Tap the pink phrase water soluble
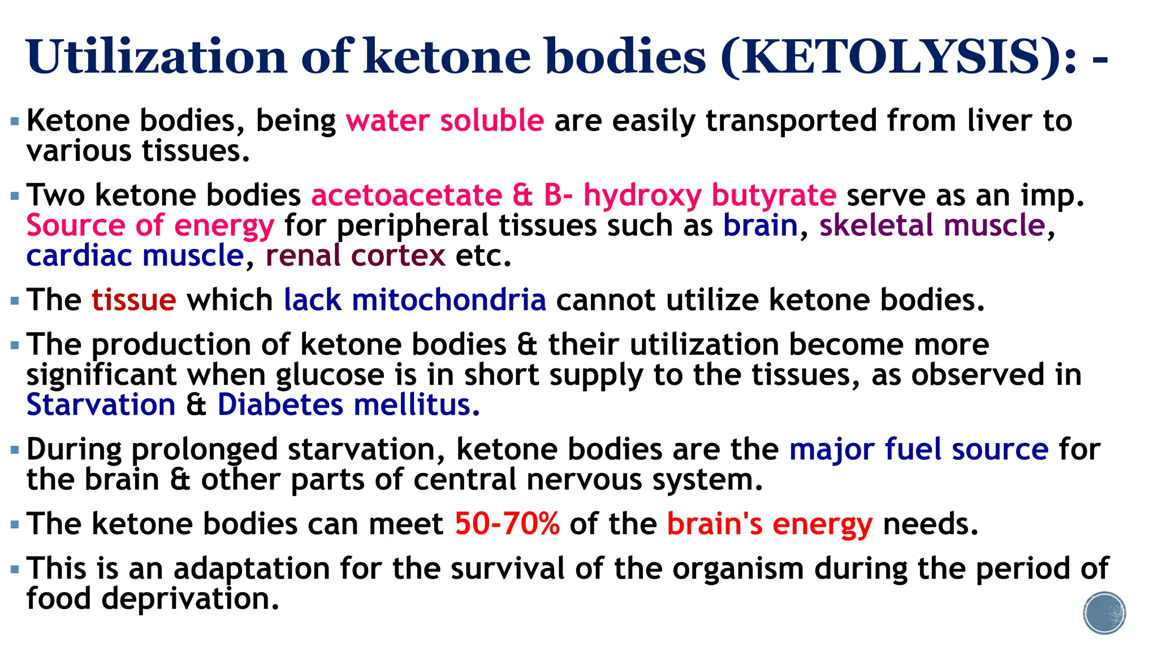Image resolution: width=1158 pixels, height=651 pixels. [x=444, y=120]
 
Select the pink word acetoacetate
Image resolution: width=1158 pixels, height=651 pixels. [x=407, y=195]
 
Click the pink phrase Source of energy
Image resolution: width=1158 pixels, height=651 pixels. [x=150, y=225]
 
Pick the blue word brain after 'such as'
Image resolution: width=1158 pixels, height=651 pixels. [x=760, y=225]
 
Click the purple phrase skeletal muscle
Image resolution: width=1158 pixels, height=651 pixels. [x=932, y=225]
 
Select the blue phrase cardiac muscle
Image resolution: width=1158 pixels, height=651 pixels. [x=135, y=255]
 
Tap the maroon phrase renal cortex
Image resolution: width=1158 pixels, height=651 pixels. [x=355, y=255]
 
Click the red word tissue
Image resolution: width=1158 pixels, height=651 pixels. [x=134, y=300]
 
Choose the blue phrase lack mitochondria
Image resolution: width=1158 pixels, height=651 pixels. [x=414, y=300]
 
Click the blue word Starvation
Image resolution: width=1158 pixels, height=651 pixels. [x=101, y=405]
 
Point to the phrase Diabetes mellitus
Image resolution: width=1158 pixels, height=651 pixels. [x=348, y=405]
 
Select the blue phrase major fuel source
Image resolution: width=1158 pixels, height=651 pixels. [x=919, y=450]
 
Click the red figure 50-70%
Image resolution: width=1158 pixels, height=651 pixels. [x=507, y=524]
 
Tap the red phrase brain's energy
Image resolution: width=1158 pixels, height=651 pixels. [x=770, y=524]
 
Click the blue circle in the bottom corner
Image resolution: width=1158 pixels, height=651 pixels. [x=1104, y=613]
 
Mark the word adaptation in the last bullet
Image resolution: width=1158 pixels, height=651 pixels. [x=252, y=568]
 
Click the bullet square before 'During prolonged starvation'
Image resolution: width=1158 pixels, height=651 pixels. [x=15, y=450]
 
